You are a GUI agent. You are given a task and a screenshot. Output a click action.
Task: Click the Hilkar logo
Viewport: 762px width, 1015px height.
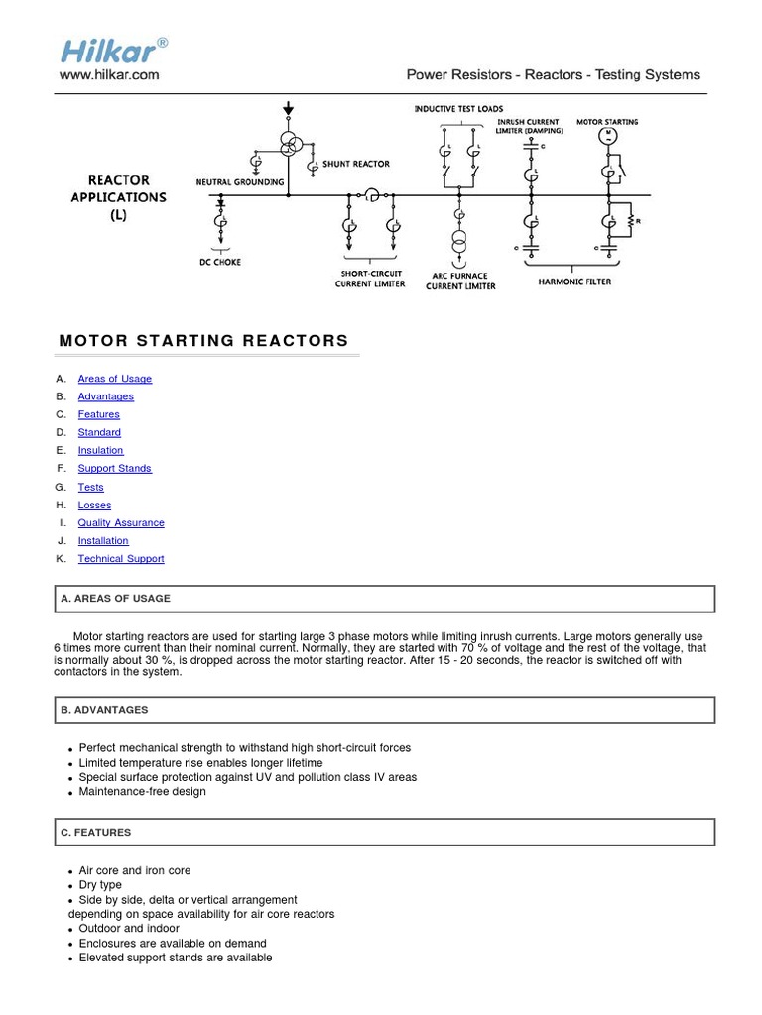pos(112,50)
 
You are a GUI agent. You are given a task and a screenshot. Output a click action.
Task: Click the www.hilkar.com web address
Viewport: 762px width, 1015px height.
pos(109,74)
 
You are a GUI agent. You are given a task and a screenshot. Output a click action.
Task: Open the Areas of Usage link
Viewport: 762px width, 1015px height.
pos(115,379)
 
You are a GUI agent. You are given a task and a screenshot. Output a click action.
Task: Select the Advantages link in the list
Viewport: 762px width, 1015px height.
pos(106,396)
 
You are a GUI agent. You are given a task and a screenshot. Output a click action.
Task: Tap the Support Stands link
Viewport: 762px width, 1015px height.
pos(115,468)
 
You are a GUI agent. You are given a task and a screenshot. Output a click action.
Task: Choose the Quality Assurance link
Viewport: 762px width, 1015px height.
pos(121,522)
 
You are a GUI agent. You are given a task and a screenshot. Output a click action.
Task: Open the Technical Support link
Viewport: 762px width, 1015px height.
pos(121,559)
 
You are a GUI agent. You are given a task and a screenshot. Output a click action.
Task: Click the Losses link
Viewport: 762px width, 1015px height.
pos(94,505)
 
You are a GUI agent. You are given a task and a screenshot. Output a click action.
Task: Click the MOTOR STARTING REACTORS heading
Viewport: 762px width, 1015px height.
pos(204,341)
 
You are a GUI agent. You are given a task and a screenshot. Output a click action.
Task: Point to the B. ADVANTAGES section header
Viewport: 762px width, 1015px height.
pos(104,710)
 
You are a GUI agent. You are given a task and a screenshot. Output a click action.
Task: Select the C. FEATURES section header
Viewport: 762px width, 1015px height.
pos(96,832)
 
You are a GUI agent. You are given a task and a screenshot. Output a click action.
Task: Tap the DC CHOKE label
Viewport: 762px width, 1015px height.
pos(220,262)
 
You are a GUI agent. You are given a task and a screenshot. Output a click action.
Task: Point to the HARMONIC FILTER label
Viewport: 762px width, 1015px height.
pos(574,282)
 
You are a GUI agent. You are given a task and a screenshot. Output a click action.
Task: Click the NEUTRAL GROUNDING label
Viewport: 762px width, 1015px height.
pos(240,182)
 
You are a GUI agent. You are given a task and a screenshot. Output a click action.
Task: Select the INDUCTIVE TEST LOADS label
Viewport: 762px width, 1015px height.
pos(458,108)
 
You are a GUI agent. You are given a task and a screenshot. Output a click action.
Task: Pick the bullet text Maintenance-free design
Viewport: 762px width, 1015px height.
pos(143,792)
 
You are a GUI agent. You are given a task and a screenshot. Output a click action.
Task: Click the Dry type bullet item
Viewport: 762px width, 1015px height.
pos(100,885)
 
